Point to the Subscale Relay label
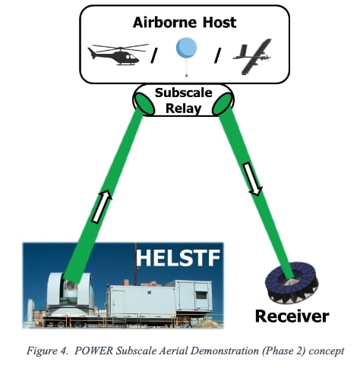click(182, 99)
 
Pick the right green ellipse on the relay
click(222, 104)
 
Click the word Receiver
click(292, 316)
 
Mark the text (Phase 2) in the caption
click(273, 351)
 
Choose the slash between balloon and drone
click(216, 55)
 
